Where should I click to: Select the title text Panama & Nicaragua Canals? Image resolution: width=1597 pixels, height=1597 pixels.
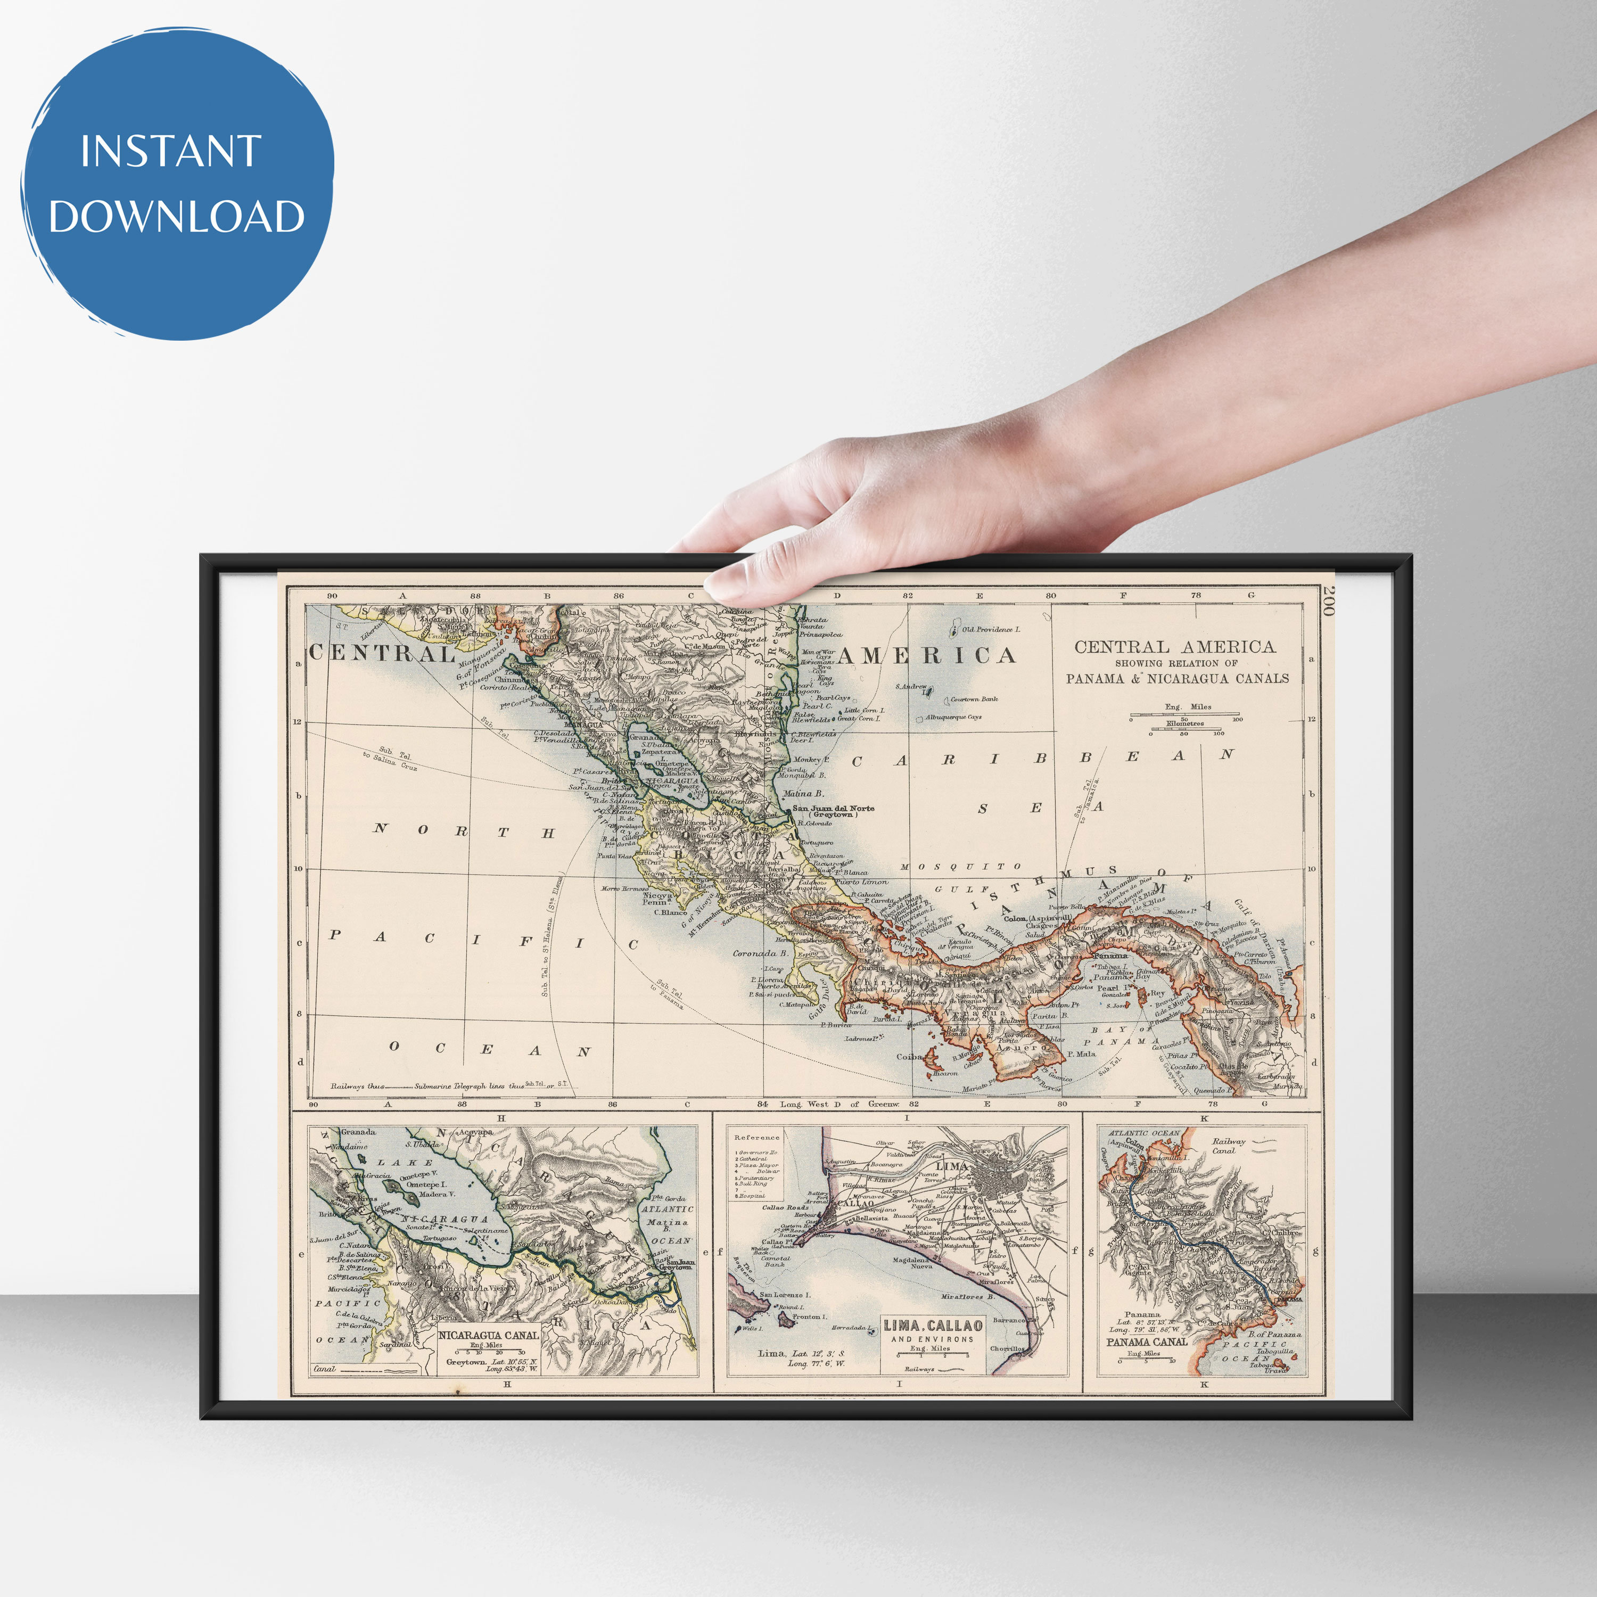[x=1177, y=679]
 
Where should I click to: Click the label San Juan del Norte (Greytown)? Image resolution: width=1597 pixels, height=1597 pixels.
[x=833, y=811]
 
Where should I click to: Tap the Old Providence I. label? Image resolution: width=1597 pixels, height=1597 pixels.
[x=990, y=630]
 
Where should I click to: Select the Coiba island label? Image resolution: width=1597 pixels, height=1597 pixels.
[x=909, y=1056]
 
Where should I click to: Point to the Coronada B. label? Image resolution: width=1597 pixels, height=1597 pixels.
[x=761, y=953]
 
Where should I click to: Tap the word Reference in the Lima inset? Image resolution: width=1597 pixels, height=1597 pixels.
[x=756, y=1138]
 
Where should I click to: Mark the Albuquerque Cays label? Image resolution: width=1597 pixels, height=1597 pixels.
[x=953, y=718]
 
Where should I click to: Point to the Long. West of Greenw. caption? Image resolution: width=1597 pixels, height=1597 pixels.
[x=839, y=1104]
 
